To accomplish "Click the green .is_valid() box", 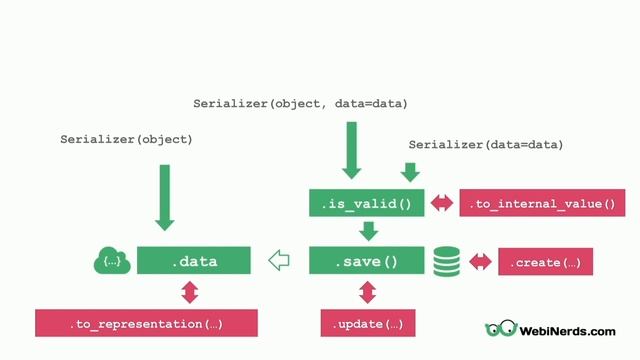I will pyautogui.click(x=366, y=204).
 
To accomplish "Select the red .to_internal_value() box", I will pyautogui.click(x=542, y=204).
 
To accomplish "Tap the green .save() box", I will pyautogui.click(x=366, y=262).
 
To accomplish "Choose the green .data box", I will pyautogui.click(x=192, y=262).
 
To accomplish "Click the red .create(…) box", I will pyautogui.click(x=545, y=263).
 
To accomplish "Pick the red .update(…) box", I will pyautogui.click(x=367, y=323).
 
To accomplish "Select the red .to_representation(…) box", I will pyautogui.click(x=146, y=323).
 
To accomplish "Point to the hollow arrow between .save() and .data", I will pyautogui.click(x=279, y=262).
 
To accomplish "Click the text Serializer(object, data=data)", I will pyautogui.click(x=300, y=104).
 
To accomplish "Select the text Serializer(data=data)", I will pyautogui.click(x=485, y=145).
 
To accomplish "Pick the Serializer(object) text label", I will pyautogui.click(x=126, y=140).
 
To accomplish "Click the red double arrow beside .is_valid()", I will pyautogui.click(x=441, y=204).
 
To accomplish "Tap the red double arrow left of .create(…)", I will pyautogui.click(x=481, y=263).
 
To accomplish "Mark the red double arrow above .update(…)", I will pyautogui.click(x=367, y=292).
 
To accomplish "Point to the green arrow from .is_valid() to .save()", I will pyautogui.click(x=367, y=232).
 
